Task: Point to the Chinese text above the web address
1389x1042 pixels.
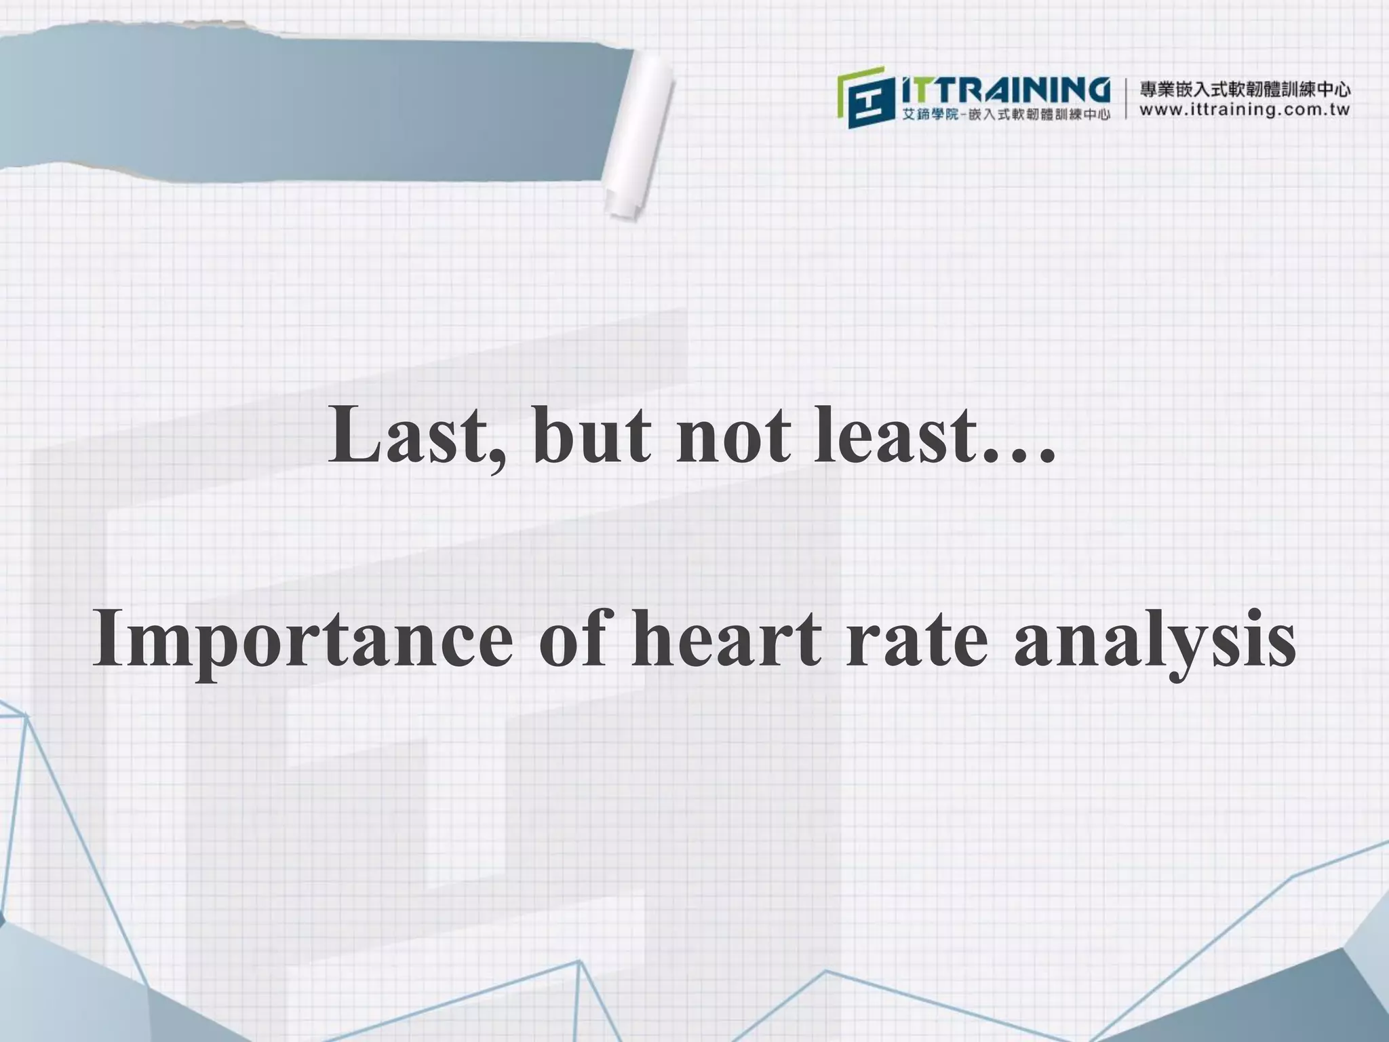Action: tap(1245, 89)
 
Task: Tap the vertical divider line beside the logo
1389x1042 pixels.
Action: tap(1127, 99)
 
